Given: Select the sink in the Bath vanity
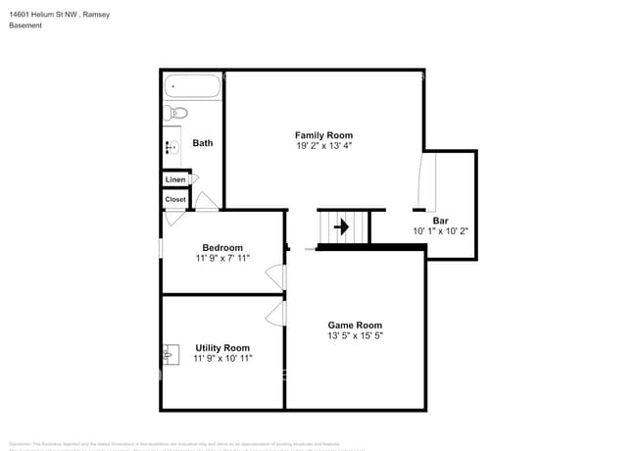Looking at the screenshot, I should tap(172, 148).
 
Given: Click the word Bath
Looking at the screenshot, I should tap(202, 143).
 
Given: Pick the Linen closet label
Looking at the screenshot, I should tap(175, 179).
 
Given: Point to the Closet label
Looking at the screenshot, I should tap(175, 199).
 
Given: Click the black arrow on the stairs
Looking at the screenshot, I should tap(341, 227).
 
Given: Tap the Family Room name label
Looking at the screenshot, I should tap(323, 135).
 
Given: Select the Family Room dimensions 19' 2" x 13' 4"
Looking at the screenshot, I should tap(323, 146).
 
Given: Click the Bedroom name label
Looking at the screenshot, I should tap(222, 248).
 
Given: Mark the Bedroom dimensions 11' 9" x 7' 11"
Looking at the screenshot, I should tap(222, 259).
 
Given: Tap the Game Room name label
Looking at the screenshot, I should tap(355, 326).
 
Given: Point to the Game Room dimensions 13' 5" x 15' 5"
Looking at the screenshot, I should tap(355, 336).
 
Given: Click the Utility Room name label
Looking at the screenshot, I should tap(222, 348).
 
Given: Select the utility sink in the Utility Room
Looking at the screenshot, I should tap(171, 354).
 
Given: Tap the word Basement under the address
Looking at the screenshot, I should tap(26, 25).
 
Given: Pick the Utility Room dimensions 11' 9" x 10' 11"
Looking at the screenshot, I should tap(223, 359).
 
